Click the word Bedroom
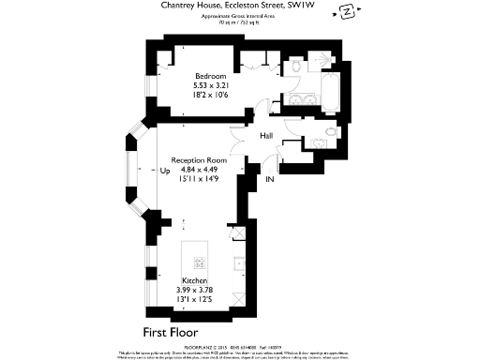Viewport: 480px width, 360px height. pos(210,75)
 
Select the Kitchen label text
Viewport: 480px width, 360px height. pos(194,280)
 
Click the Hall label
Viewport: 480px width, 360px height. pos(266,137)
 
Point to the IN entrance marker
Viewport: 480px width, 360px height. pos(270,178)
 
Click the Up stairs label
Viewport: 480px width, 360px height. pos(165,171)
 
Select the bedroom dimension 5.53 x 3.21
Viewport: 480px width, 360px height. pos(210,84)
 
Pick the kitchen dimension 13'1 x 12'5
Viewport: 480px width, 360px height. pos(194,299)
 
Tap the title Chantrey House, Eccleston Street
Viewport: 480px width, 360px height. pos(240,7)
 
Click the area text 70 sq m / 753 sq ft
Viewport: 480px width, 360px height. pos(240,23)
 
